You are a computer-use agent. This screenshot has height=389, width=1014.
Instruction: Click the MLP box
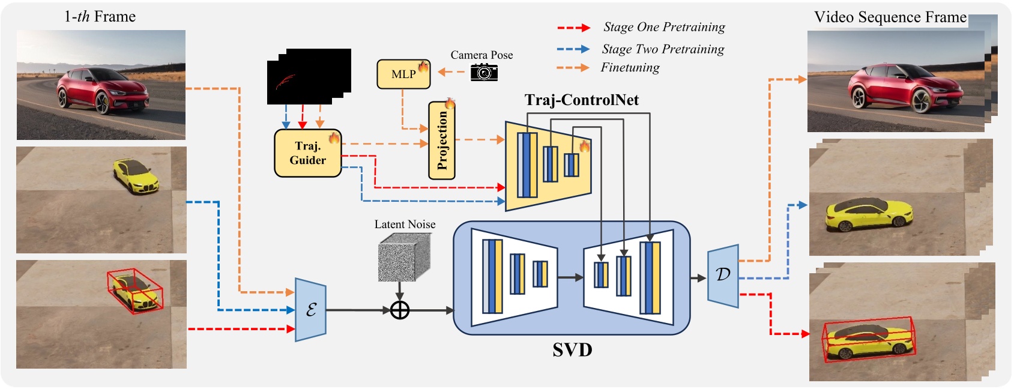(x=403, y=74)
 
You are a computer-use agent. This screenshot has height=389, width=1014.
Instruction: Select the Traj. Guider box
(x=307, y=154)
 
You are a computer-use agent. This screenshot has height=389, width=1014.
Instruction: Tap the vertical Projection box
(x=442, y=140)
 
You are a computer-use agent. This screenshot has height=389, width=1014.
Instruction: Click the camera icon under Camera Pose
(x=484, y=73)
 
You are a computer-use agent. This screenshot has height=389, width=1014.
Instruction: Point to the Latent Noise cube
(x=404, y=257)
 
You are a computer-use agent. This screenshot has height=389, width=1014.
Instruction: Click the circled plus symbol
(x=400, y=310)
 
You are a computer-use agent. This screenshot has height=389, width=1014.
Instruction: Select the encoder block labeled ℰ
(x=310, y=310)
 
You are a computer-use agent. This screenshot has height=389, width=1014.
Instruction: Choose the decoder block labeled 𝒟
(x=723, y=276)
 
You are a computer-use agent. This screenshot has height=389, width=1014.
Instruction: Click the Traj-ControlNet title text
(x=581, y=100)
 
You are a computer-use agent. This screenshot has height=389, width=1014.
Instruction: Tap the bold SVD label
(x=572, y=350)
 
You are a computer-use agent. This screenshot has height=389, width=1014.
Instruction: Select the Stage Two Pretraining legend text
(x=663, y=49)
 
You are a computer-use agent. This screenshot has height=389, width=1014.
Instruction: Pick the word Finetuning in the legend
(x=630, y=68)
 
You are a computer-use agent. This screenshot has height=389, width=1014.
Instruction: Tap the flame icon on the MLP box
(x=424, y=66)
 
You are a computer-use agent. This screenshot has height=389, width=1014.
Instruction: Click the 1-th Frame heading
(x=100, y=17)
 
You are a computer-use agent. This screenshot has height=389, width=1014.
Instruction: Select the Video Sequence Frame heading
(x=890, y=17)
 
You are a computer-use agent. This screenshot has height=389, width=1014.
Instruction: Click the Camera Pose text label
(x=481, y=55)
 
